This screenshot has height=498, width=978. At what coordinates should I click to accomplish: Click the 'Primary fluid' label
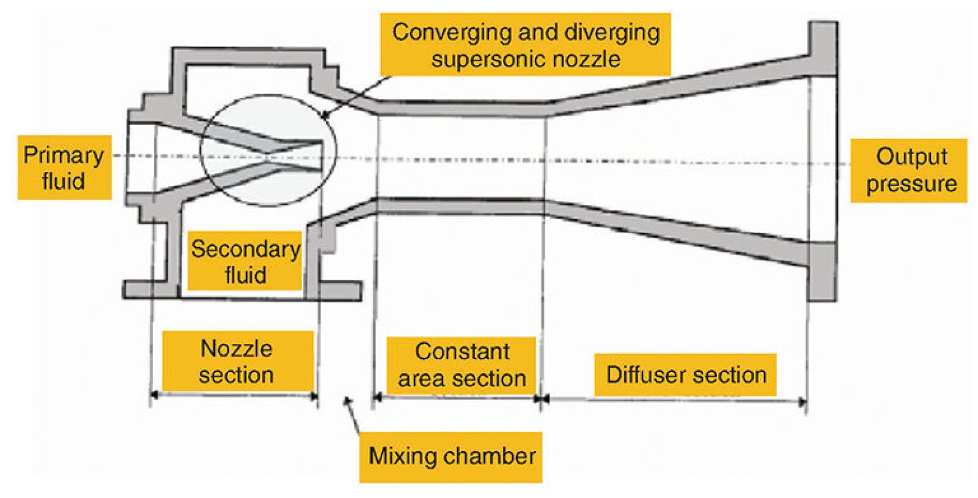pos(64,168)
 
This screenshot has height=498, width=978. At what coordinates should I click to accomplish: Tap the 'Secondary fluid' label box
pos(244,261)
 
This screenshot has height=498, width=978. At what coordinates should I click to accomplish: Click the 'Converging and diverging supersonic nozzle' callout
pos(526,45)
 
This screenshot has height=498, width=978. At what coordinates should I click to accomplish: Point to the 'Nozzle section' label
pos(237,361)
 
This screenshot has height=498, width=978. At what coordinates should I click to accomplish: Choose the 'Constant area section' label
pos(461,365)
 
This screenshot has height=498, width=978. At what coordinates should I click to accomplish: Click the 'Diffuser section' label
pos(685,374)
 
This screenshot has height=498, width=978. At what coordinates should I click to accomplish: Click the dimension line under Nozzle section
pos(235,395)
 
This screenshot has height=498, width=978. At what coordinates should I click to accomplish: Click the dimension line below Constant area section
pos(456,398)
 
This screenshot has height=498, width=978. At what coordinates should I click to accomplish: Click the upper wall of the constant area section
pos(462,108)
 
